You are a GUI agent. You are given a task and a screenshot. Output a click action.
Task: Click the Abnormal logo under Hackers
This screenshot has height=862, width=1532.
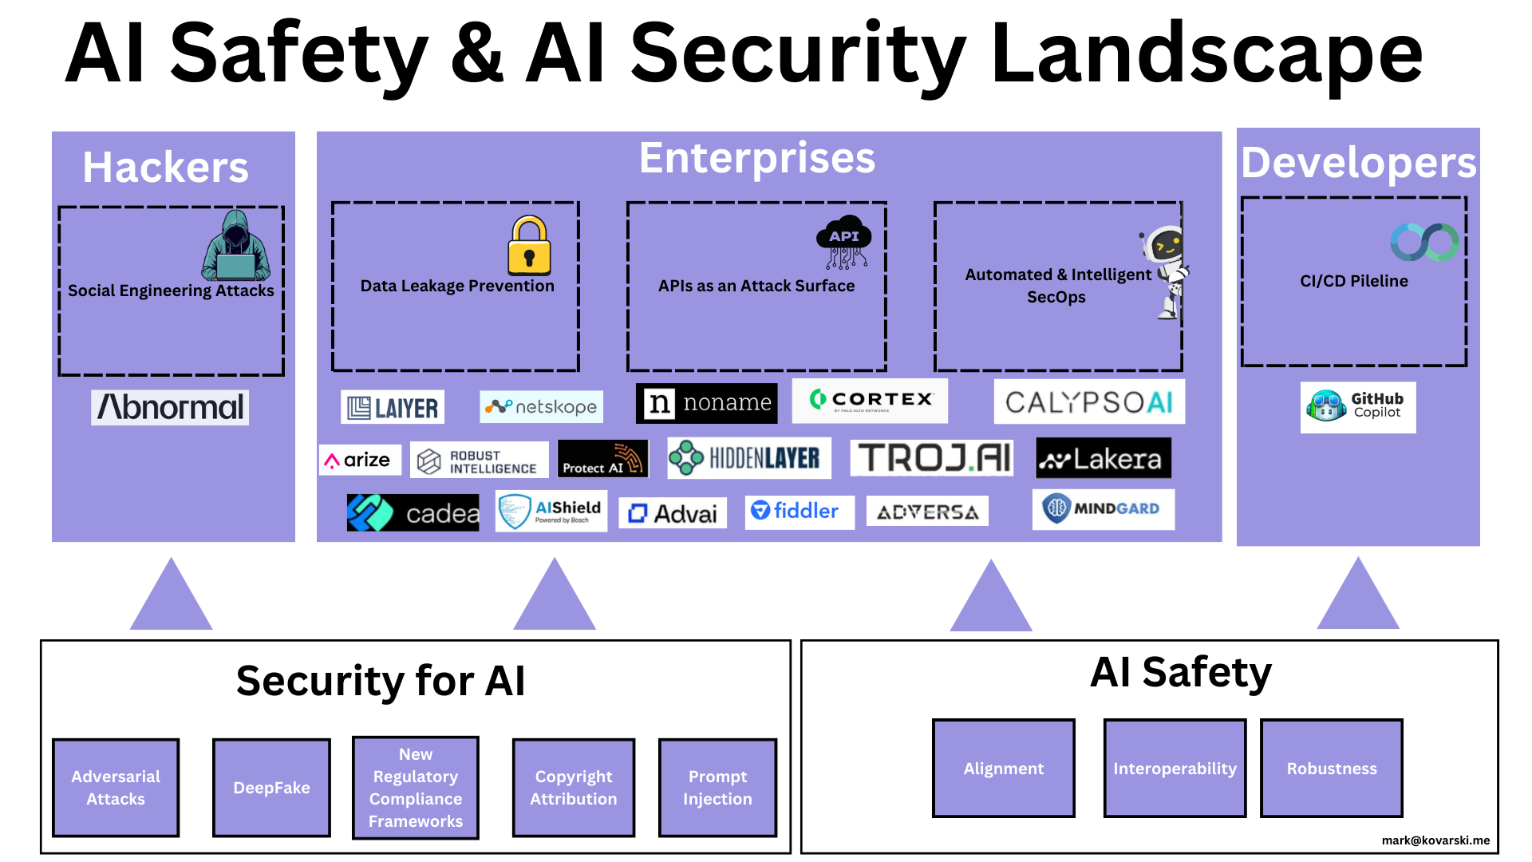point(170,407)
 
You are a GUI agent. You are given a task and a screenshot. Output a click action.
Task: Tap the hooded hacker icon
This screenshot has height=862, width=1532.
point(236,246)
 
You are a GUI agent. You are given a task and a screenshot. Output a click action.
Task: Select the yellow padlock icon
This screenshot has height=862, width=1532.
point(529,245)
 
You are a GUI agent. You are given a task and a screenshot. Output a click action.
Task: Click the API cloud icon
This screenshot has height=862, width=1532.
point(843,242)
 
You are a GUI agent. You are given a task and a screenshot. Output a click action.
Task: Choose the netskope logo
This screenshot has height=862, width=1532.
point(541,406)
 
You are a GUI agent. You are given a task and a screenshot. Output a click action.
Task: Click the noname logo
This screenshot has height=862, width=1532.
point(706,403)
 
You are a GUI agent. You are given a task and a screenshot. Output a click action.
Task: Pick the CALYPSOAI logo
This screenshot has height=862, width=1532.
point(1089,401)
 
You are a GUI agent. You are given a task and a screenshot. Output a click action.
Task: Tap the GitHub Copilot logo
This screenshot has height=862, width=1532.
point(1358,407)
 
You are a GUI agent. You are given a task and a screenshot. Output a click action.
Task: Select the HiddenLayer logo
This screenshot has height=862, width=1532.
point(749,458)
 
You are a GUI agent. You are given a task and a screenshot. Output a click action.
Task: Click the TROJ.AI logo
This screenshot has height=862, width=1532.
point(932,458)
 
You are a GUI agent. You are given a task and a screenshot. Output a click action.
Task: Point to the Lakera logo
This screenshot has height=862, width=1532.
point(1104,458)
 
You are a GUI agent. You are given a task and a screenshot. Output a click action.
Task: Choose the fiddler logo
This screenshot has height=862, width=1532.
point(800,512)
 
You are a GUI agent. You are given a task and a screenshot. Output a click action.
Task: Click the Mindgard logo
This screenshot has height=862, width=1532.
point(1104,509)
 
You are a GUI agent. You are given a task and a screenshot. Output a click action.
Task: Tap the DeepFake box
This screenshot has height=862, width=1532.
point(271,788)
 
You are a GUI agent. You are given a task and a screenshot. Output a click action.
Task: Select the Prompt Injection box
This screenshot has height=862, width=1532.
point(717,788)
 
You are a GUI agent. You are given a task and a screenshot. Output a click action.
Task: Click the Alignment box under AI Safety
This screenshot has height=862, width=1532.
point(1004,769)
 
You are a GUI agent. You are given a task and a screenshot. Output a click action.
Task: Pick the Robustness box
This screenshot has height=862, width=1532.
point(1332,769)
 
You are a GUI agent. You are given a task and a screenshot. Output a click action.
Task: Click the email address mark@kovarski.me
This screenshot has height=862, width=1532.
point(1435,840)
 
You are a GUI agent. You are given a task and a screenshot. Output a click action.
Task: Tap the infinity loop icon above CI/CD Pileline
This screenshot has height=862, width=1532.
point(1425,242)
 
